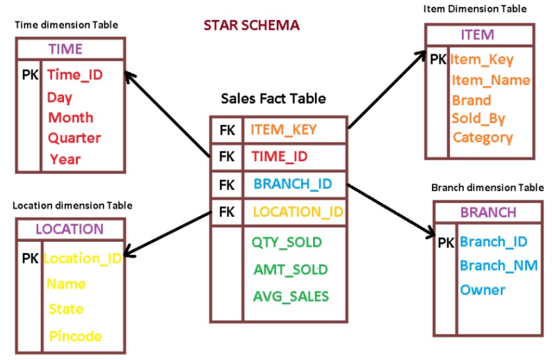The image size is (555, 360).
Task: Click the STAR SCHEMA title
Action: (x=251, y=25)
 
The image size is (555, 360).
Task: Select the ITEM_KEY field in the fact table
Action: (x=283, y=129)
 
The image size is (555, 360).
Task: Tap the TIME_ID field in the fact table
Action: (x=279, y=157)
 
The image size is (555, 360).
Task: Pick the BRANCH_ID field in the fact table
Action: (x=292, y=184)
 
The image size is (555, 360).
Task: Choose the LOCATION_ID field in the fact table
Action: (x=298, y=212)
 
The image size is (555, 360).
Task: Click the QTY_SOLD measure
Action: (x=287, y=242)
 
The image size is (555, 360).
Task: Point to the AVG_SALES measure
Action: (x=291, y=296)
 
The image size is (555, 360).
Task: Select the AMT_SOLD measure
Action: (x=290, y=269)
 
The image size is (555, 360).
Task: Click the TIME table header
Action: (x=65, y=49)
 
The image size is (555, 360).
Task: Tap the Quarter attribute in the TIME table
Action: (x=74, y=138)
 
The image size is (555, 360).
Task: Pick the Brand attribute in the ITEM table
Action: (x=471, y=100)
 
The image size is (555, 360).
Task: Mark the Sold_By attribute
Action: (x=478, y=119)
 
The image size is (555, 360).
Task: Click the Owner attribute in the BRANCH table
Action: (x=482, y=289)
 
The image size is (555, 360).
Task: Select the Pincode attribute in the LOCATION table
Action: (x=76, y=336)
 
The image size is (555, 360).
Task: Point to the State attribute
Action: (x=66, y=309)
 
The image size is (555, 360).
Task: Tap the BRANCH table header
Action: (x=488, y=212)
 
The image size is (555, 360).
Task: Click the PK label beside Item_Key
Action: (x=438, y=60)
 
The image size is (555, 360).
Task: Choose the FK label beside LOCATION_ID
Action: (x=227, y=212)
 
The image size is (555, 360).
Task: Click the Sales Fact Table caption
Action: (x=273, y=99)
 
